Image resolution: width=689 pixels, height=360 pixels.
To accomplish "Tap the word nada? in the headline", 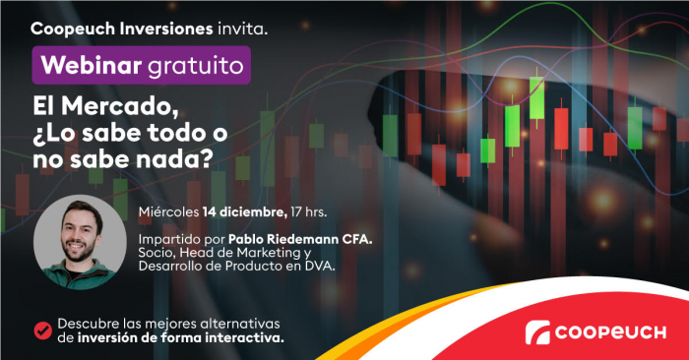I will tap(177, 162).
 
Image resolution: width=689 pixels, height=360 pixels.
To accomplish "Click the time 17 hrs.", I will tap(310, 210).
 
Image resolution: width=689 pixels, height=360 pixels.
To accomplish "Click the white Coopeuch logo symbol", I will tap(538, 332).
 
